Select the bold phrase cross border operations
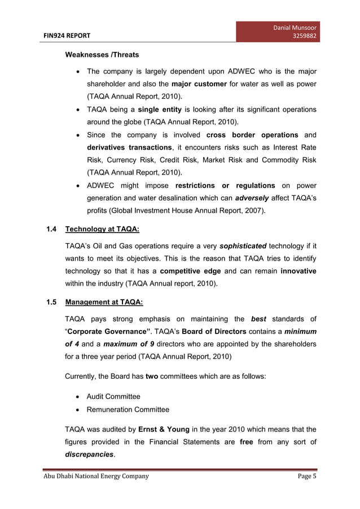point(252,135)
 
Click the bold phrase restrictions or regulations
point(225,186)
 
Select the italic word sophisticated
point(243,247)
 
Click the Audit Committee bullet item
point(113,397)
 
